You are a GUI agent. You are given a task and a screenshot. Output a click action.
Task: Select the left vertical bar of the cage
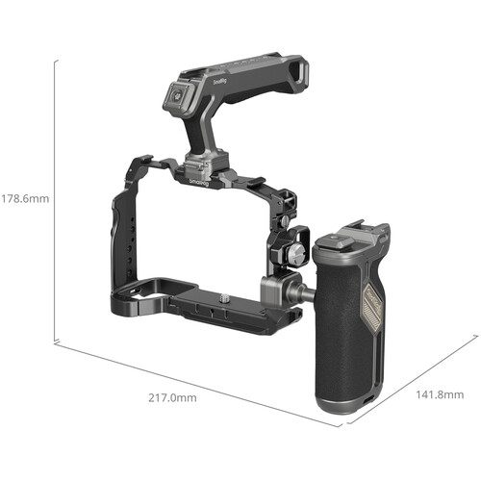117,240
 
